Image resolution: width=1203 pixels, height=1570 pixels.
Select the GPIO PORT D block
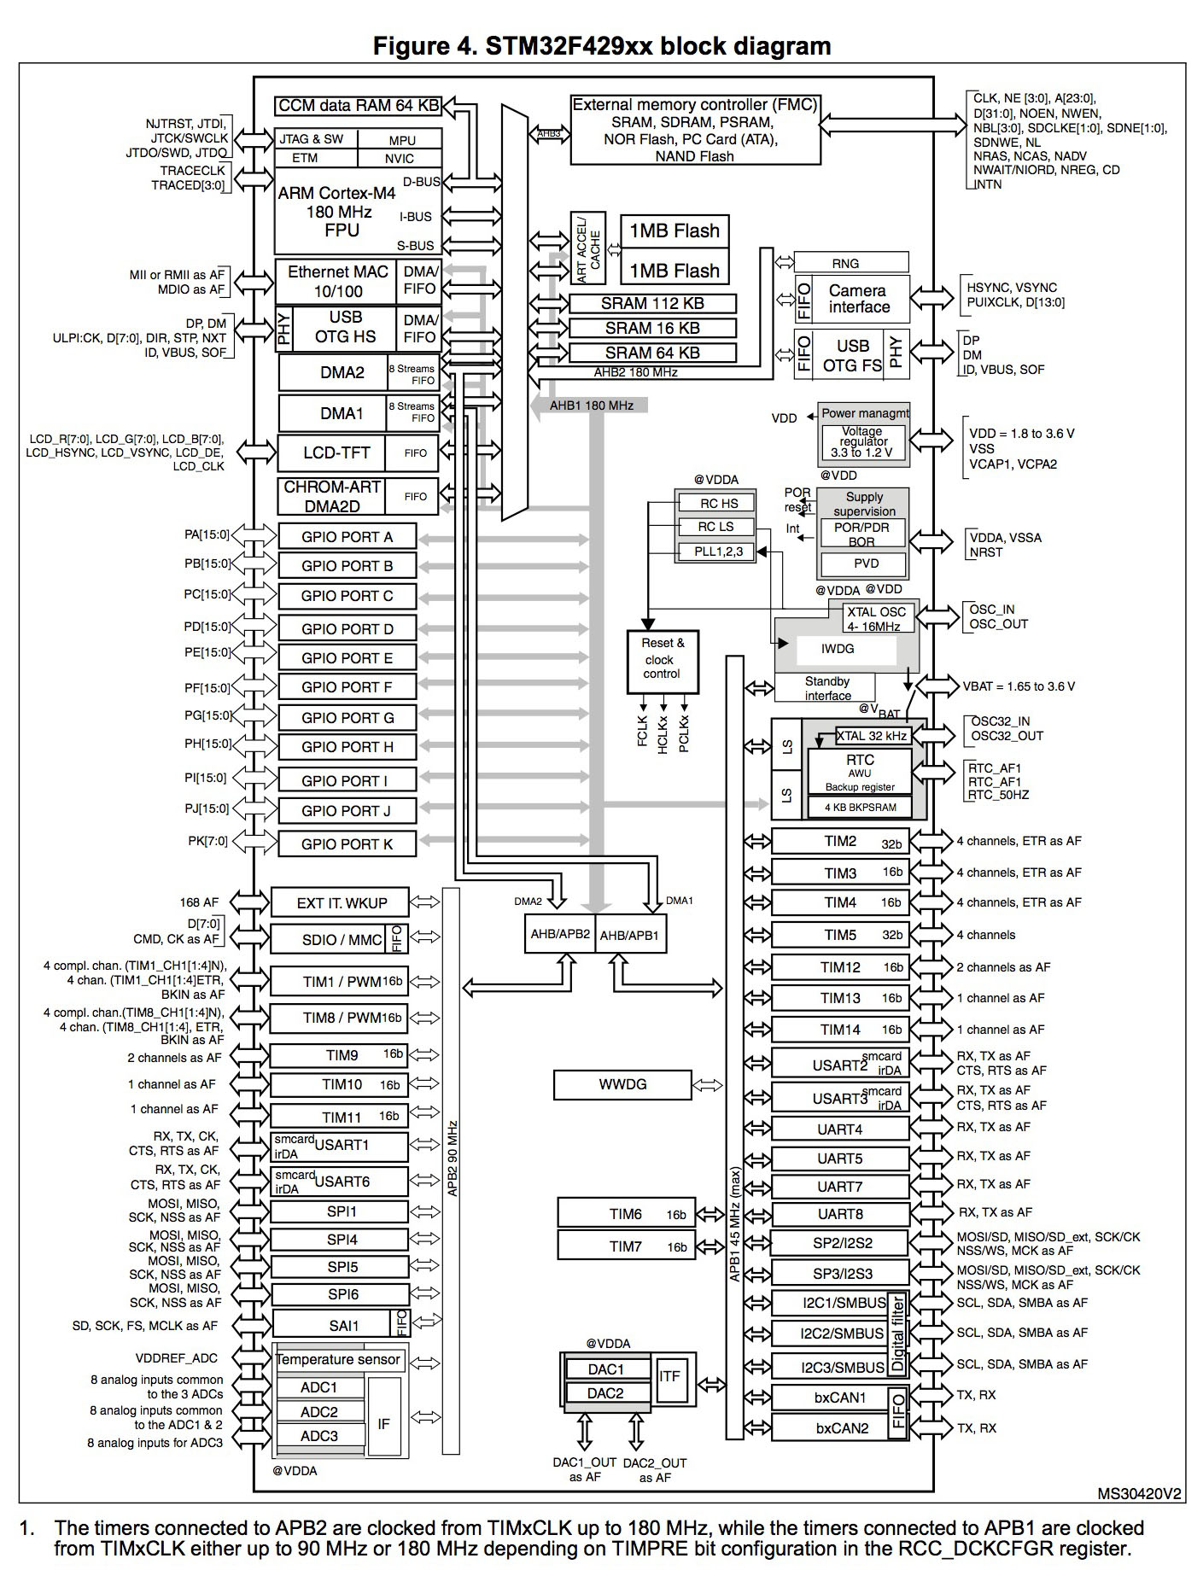[347, 629]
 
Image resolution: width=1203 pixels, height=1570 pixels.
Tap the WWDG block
[622, 1084]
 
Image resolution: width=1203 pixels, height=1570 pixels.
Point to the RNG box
[850, 263]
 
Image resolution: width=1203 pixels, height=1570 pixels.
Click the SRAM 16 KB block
[652, 328]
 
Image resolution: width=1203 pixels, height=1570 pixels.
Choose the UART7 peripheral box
[839, 1187]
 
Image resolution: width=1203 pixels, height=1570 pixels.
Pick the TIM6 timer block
[626, 1214]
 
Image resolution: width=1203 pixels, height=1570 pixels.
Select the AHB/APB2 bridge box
[560, 934]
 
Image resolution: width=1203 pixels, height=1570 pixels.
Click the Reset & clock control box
[663, 659]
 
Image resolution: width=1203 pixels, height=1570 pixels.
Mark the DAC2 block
[605, 1393]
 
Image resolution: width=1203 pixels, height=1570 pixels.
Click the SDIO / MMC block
[330, 940]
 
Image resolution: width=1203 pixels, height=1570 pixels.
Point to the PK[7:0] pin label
[208, 841]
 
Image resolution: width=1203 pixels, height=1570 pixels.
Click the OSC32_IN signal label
[1000, 721]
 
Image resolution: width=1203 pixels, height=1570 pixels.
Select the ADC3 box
[318, 1436]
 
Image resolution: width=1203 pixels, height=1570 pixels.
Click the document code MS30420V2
[1140, 1493]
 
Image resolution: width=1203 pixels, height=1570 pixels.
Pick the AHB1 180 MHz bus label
[591, 406]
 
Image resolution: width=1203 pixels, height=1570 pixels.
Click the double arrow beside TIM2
[757, 842]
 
